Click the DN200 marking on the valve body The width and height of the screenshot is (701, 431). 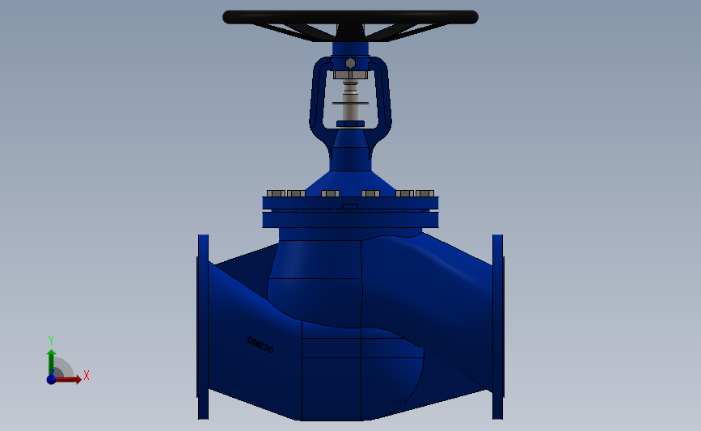260,344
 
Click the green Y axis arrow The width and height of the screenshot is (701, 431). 51,361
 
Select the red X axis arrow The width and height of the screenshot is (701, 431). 70,379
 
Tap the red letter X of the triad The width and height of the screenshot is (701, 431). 86,375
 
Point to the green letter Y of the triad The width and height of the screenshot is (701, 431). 50,340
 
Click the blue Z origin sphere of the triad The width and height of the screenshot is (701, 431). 51,379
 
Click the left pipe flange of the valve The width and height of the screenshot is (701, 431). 203,327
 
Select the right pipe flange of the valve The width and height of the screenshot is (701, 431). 498,327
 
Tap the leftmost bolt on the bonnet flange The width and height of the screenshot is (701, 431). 276,193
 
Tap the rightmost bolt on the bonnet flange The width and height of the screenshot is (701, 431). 425,193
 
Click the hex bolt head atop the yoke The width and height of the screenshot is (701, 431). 350,63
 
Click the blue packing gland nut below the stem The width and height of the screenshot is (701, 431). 350,124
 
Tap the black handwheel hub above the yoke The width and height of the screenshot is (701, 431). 350,32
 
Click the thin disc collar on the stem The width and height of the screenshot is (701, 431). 350,103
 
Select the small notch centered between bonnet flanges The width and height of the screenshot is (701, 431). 350,207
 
